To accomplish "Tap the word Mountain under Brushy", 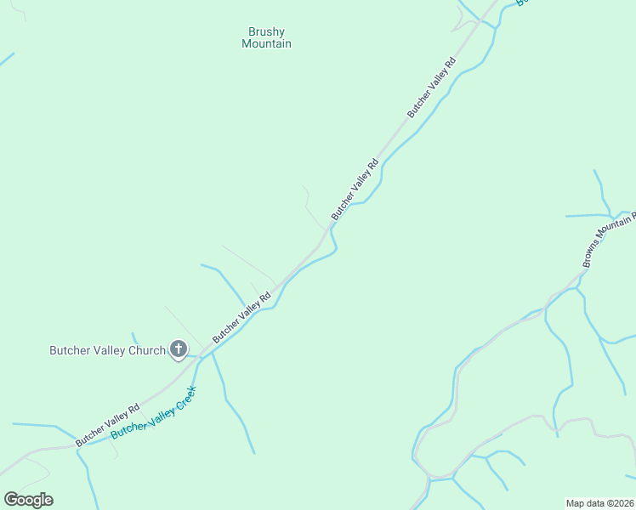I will tap(266, 44).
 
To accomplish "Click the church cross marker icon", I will tap(179, 348).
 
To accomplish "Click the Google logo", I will tap(28, 500).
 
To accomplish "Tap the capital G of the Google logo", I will tap(11, 499).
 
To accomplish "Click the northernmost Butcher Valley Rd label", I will tap(432, 87).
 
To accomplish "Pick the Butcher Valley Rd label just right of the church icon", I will tap(241, 317).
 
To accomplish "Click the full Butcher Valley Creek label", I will tap(154, 413).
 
